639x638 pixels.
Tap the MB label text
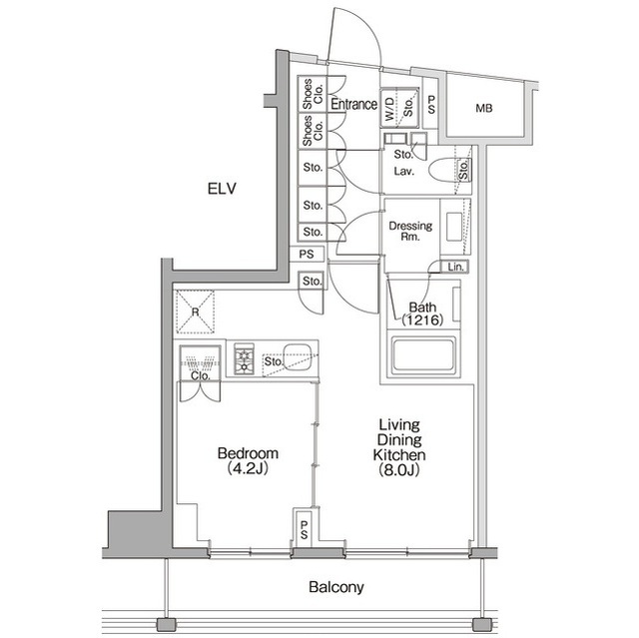click(x=483, y=108)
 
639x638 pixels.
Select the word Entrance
click(x=353, y=104)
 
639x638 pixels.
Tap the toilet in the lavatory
click(x=442, y=171)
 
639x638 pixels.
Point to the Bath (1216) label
click(x=420, y=315)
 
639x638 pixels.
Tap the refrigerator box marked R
click(x=196, y=309)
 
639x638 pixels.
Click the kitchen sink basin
click(x=296, y=352)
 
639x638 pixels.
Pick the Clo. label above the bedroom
click(x=200, y=376)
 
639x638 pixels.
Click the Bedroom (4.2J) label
click(x=247, y=460)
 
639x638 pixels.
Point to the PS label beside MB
click(x=431, y=105)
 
